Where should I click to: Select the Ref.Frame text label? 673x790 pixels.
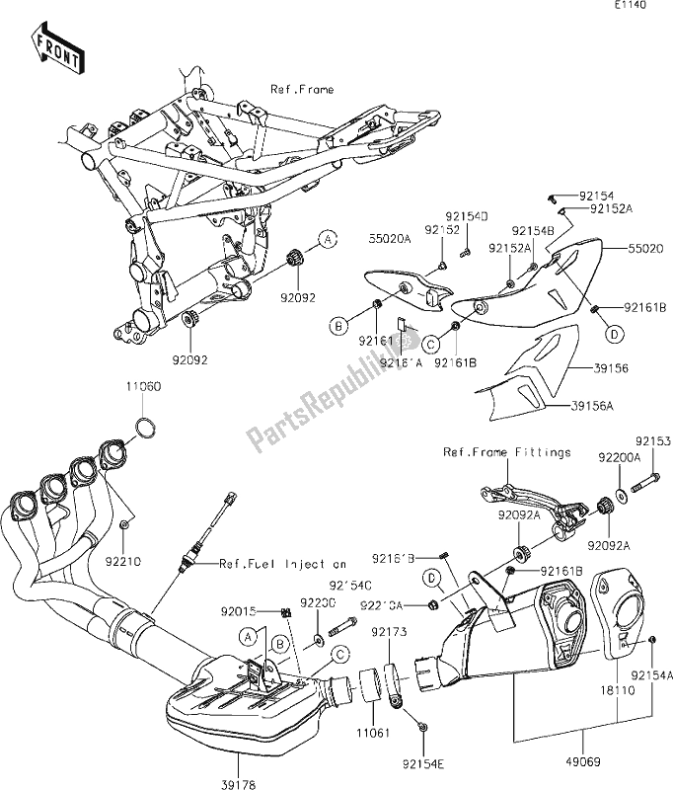point(302,90)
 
